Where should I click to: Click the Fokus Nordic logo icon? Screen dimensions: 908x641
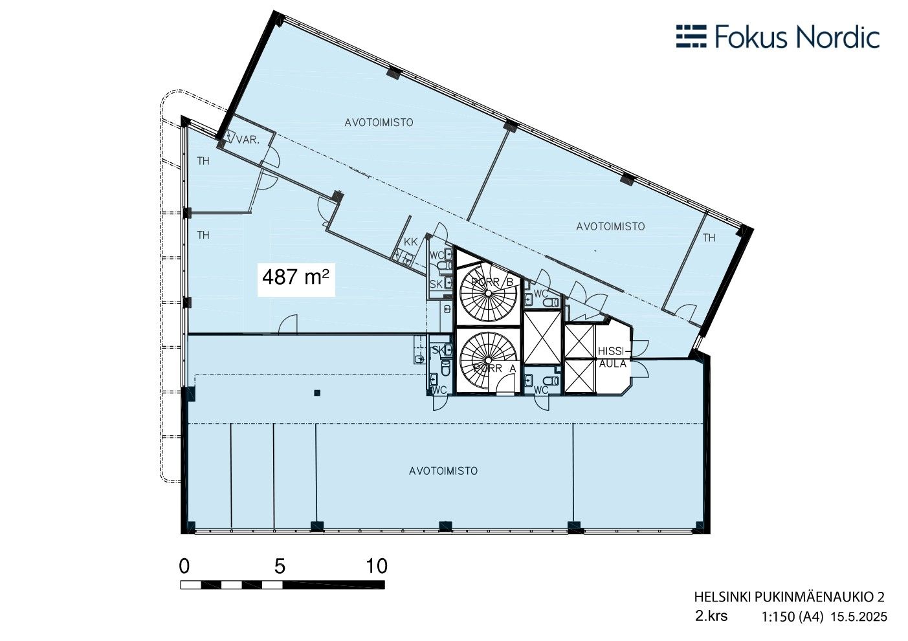point(691,36)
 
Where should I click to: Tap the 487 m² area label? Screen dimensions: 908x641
point(296,277)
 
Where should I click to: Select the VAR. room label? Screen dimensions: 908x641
point(248,140)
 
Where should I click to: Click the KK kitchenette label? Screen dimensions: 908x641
point(410,242)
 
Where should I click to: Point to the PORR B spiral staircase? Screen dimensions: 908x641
point(488,292)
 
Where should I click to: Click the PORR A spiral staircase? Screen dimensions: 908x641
point(488,360)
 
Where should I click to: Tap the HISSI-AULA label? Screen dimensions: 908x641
point(614,357)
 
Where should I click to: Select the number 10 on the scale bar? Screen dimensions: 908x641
point(377,566)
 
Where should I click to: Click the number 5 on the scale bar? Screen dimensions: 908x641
point(280,566)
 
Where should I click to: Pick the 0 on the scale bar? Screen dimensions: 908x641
point(184,566)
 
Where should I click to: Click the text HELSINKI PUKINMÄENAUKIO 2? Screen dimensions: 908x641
point(790,597)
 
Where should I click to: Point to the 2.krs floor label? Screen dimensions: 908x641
point(711,616)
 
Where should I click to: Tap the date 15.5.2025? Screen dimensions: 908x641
point(859,617)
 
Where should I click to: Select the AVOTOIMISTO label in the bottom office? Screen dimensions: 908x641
point(443,471)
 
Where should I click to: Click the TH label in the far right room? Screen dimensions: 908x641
point(709,238)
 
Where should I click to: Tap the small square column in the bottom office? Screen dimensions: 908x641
point(317,393)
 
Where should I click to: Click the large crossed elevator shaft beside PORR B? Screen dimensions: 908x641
point(542,338)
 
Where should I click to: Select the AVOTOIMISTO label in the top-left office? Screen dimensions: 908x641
point(379,122)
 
